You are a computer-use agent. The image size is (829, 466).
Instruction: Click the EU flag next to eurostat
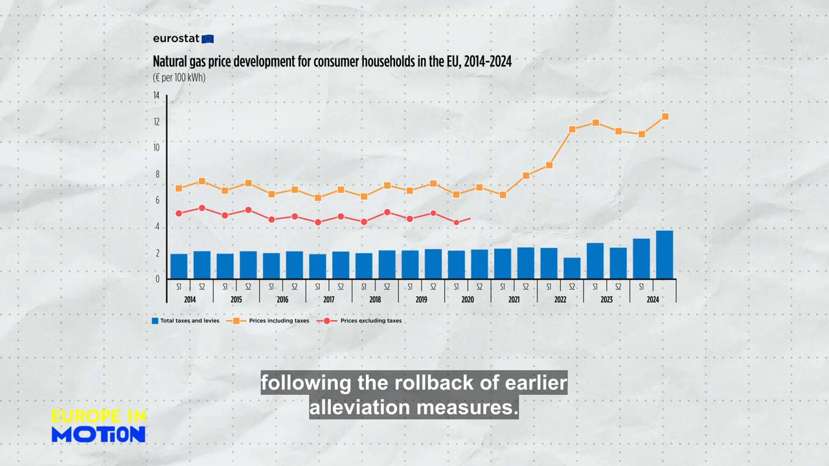(208, 39)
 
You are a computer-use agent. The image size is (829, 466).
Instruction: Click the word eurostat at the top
(176, 38)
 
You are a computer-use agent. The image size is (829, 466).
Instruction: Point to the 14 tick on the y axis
(156, 96)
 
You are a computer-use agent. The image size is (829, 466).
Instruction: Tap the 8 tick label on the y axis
(157, 174)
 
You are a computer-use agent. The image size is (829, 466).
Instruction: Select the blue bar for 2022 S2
(572, 268)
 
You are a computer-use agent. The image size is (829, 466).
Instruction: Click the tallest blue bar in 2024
(664, 254)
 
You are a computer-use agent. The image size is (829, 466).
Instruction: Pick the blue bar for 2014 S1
(179, 266)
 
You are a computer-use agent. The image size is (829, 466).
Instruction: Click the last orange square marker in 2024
(665, 116)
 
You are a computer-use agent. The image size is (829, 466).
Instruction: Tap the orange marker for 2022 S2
(573, 129)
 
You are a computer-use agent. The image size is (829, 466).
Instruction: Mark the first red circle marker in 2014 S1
(179, 213)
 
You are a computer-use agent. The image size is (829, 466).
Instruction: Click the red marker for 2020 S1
(457, 222)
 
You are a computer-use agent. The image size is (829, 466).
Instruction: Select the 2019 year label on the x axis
(421, 300)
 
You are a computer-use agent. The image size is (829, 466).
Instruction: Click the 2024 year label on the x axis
(653, 300)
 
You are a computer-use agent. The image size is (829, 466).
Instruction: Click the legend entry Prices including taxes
(278, 320)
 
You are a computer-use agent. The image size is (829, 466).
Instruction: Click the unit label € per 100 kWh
(179, 78)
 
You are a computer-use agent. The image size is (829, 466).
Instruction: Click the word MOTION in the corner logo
(98, 434)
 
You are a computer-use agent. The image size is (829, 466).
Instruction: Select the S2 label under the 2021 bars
(526, 286)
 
